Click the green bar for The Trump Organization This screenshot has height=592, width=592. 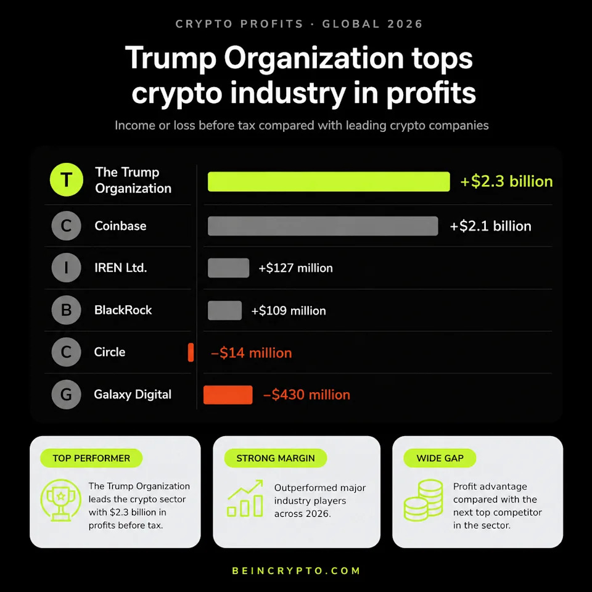point(329,181)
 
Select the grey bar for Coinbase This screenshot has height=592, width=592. point(323,226)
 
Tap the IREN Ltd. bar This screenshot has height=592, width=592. point(228,268)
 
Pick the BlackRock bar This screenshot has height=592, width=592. point(224,310)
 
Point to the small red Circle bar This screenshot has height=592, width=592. point(191,352)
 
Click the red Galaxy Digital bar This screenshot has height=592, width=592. point(228,395)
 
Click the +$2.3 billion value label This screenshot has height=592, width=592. point(507,181)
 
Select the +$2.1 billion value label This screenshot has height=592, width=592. point(490,226)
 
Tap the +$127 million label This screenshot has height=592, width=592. point(295,268)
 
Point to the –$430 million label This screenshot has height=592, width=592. point(306,395)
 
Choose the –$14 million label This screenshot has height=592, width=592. point(252,353)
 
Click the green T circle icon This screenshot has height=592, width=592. point(67,179)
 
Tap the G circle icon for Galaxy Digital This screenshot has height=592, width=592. point(66,395)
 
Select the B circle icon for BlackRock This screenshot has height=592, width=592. point(66,310)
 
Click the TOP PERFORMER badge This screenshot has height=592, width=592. point(91,458)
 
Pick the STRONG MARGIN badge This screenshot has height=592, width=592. point(276,458)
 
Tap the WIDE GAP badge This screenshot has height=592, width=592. point(440,458)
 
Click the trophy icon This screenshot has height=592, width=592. point(61,500)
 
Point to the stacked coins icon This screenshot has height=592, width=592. point(423,501)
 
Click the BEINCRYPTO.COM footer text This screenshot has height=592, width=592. point(297,571)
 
